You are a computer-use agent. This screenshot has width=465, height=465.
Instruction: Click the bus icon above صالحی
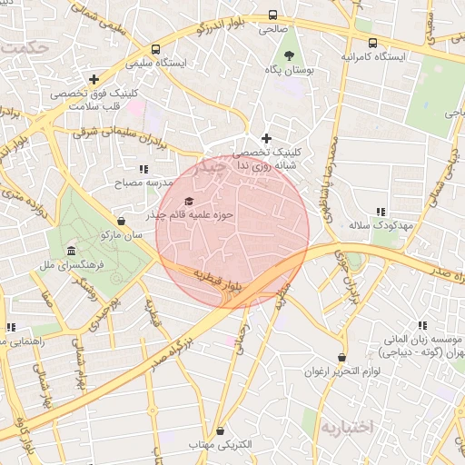tap(272, 15)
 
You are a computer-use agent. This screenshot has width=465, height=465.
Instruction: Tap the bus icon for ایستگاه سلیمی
tap(156, 49)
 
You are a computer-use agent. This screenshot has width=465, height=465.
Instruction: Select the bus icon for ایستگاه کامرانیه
tap(373, 43)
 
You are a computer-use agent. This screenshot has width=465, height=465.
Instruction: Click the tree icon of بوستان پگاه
tap(284, 55)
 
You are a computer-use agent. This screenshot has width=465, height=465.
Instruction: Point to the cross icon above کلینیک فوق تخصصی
tap(94, 79)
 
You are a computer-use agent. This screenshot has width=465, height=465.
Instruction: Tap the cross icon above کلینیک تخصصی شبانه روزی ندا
tap(266, 138)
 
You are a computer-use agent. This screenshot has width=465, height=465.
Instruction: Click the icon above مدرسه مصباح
tap(143, 169)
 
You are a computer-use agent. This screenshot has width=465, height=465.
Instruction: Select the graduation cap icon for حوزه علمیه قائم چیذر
tap(189, 202)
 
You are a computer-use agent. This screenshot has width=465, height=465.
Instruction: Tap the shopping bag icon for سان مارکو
tap(122, 221)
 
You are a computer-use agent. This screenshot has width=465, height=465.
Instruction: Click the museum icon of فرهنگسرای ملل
tap(70, 251)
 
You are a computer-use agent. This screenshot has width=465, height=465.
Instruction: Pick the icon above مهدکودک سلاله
tap(380, 211)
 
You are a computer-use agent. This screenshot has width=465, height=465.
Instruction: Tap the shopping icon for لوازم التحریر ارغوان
tap(341, 358)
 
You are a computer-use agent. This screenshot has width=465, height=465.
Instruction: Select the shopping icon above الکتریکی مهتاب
tap(218, 430)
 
